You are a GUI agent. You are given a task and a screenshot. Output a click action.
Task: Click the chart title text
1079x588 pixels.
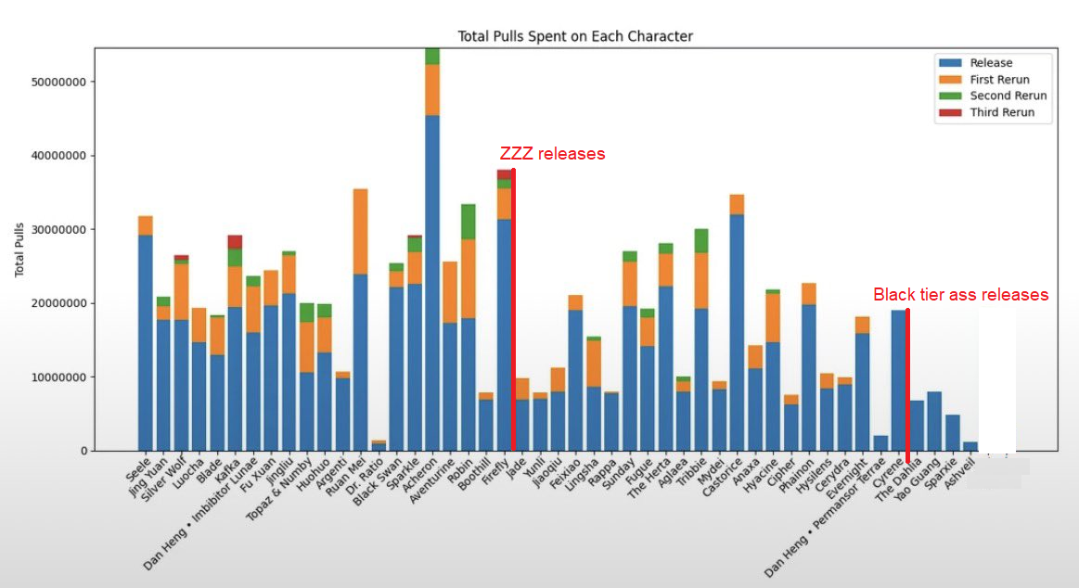click(x=575, y=36)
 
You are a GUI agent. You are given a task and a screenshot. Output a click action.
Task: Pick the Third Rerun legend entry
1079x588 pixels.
click(x=1001, y=113)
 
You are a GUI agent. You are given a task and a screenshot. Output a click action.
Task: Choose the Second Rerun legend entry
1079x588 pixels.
click(x=1008, y=96)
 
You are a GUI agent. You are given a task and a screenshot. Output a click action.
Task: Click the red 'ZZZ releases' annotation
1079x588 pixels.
click(x=552, y=154)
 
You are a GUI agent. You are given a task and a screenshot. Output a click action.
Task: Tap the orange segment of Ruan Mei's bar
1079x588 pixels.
click(x=360, y=231)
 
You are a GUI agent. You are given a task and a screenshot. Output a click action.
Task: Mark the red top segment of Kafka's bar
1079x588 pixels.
click(x=235, y=241)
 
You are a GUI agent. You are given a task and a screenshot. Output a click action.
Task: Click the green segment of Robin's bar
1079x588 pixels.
click(x=469, y=221)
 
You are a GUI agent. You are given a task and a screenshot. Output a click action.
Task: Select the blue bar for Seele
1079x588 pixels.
click(x=145, y=343)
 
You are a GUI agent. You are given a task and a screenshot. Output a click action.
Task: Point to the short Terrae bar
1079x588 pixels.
click(x=880, y=443)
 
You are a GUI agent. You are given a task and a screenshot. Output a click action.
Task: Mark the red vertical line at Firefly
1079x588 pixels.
click(x=513, y=306)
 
